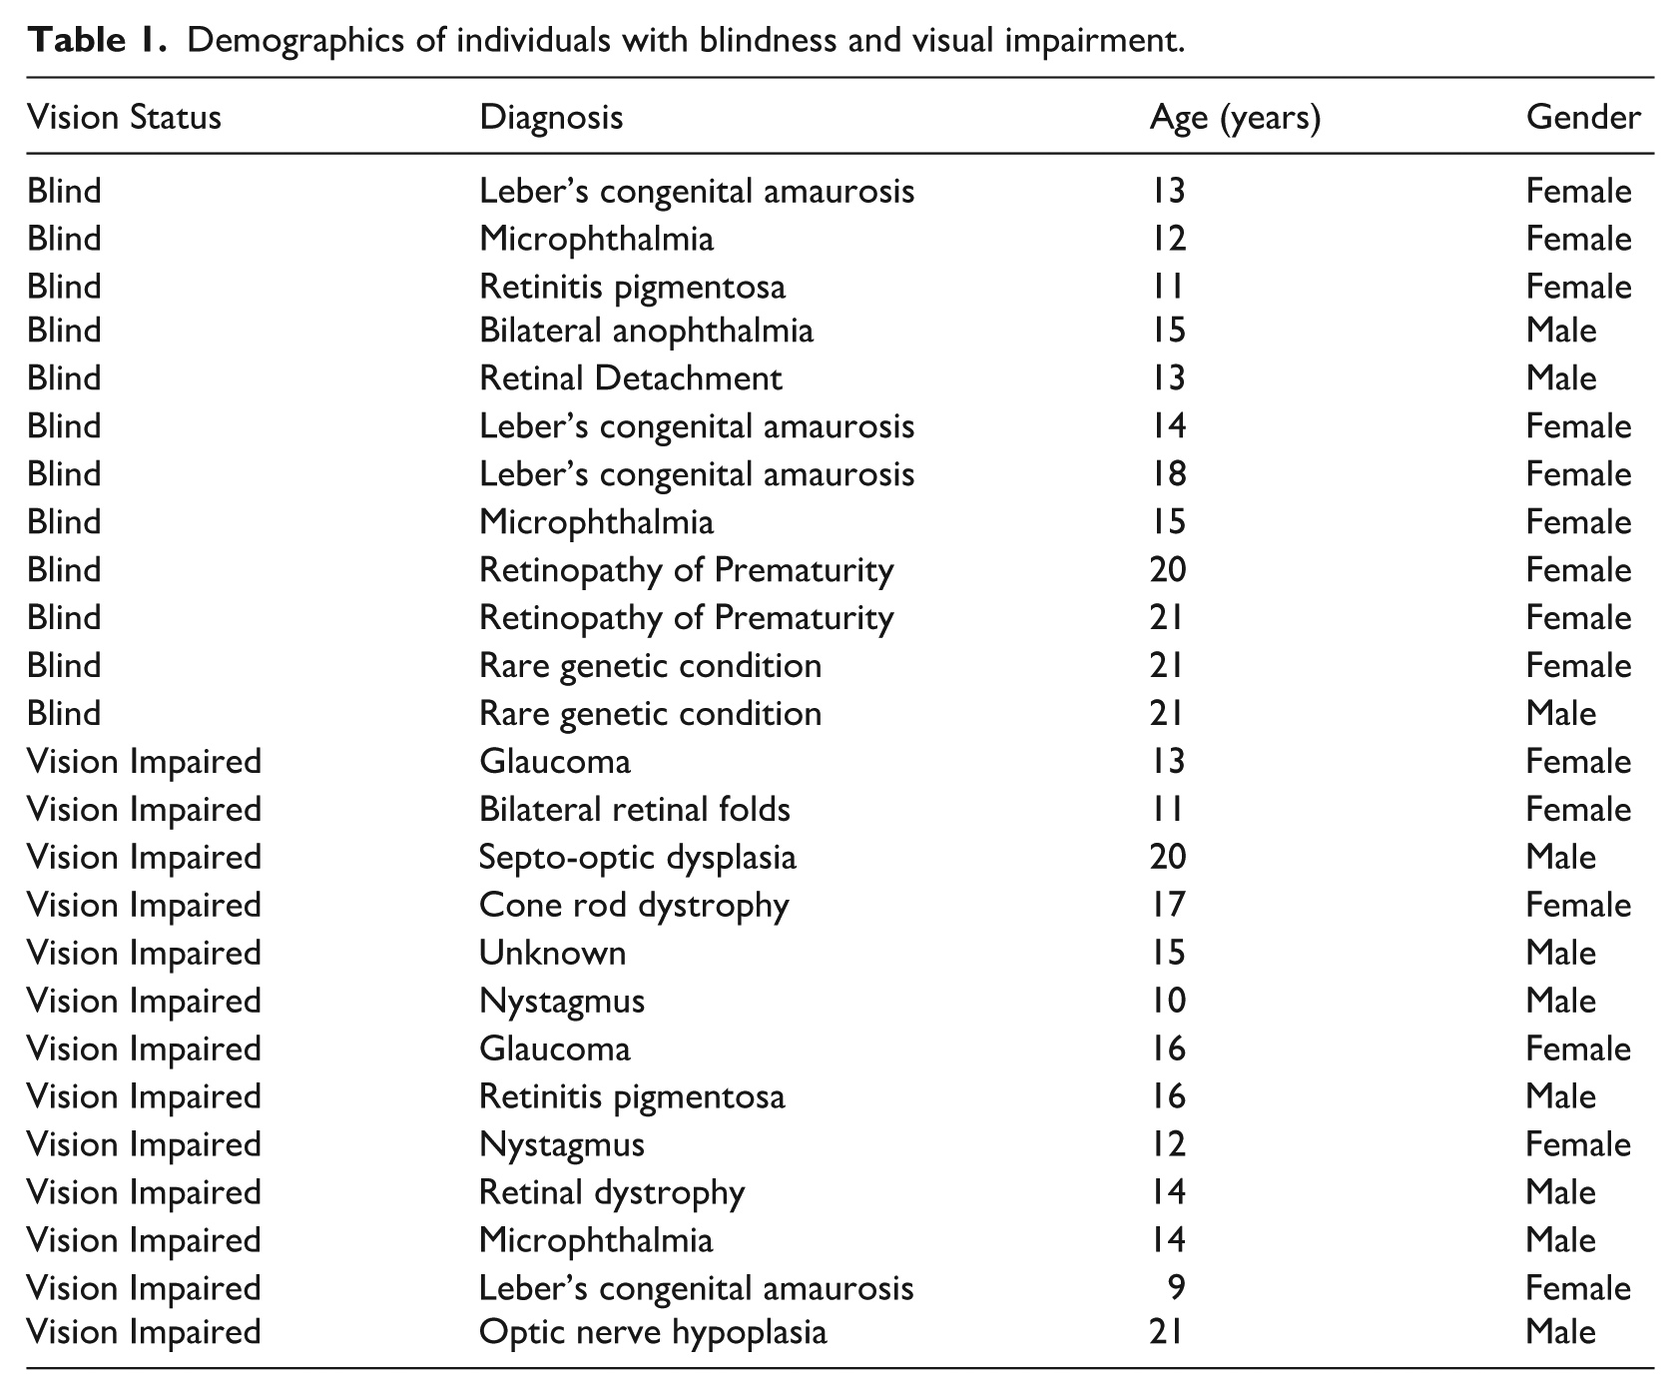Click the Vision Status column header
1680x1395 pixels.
[x=124, y=118]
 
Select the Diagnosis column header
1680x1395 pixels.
[x=551, y=118]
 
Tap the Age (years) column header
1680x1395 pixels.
[x=1235, y=119]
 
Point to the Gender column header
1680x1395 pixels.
[x=1583, y=118]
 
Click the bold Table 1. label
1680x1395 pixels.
[x=97, y=41]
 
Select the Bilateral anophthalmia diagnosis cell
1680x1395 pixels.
[x=646, y=331]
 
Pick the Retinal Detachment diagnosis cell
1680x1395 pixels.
[x=630, y=378]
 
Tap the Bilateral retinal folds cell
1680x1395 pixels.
[x=634, y=809]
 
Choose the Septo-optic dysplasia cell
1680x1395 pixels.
[x=637, y=858]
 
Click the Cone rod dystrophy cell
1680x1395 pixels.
[x=634, y=906]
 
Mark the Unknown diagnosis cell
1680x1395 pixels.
[x=552, y=953]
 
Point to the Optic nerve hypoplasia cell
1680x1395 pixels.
[x=653, y=1333]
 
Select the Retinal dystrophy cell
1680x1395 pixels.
[x=612, y=1193]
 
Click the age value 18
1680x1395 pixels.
[x=1168, y=474]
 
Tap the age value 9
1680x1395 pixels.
[x=1176, y=1288]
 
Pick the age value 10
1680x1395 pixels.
[x=1168, y=1001]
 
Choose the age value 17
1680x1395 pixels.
[x=1168, y=905]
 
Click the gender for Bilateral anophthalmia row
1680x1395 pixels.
[x=1561, y=331]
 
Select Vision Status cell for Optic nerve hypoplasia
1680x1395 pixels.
[x=144, y=1333]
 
